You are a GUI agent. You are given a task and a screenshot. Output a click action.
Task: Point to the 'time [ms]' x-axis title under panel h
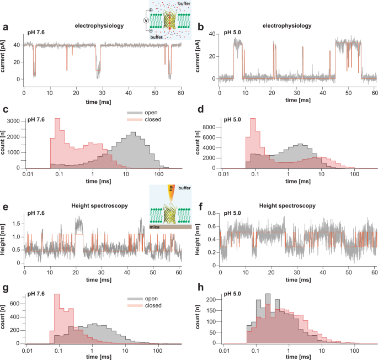point(297,356)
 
